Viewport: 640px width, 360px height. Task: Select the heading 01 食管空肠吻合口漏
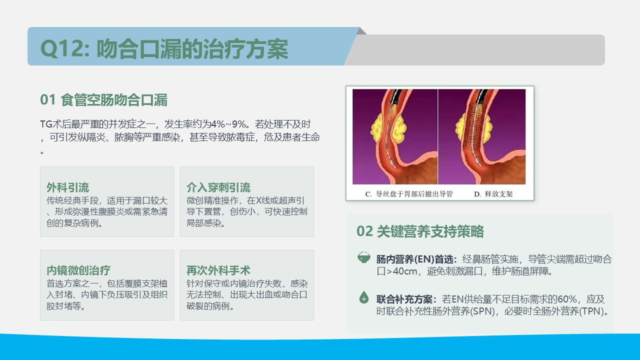103,100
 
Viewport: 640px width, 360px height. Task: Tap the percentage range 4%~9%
228,124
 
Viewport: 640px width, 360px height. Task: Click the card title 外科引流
67,187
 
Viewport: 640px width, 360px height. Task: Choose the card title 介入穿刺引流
218,187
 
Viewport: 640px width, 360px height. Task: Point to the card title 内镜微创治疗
78,270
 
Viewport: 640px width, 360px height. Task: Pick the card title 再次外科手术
218,270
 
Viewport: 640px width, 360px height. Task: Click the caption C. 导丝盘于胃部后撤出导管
409,194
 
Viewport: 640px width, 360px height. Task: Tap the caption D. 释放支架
493,194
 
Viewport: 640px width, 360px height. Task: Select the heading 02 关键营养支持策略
420,231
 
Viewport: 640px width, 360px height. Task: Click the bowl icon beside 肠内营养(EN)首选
363,257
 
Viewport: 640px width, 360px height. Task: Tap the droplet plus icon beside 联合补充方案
363,297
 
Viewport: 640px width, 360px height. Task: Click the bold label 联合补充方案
406,299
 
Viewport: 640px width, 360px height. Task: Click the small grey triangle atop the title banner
362,31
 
